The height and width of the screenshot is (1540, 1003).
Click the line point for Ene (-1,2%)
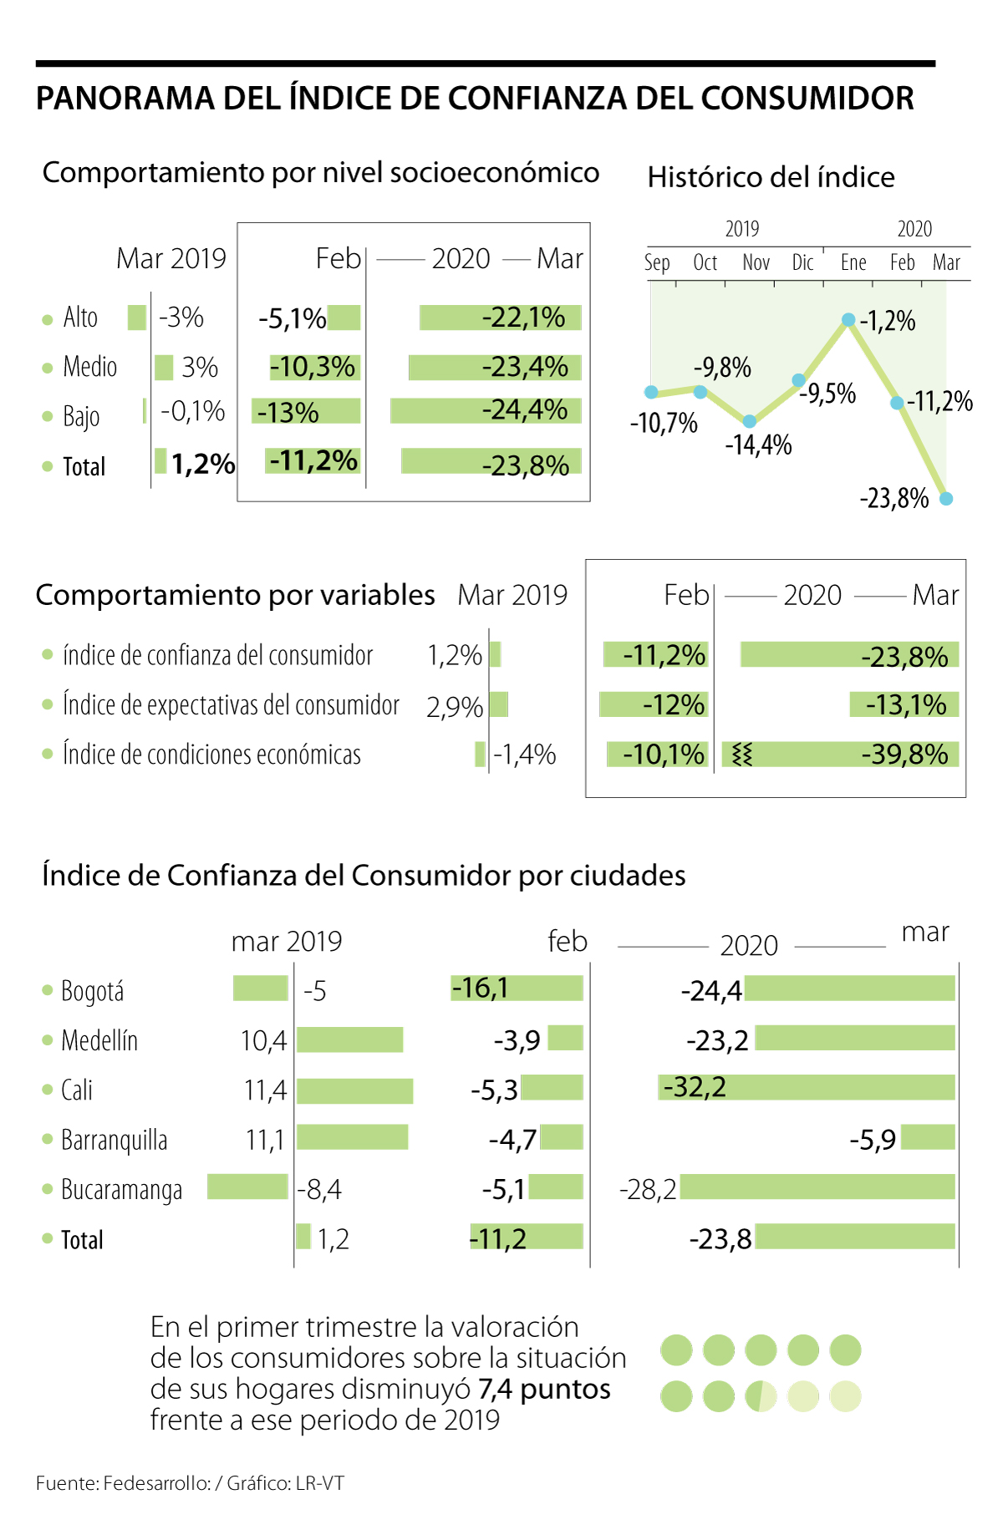(x=848, y=319)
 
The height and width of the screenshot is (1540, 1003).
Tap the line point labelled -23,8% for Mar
(x=946, y=499)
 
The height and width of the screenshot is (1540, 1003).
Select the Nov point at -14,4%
(x=750, y=422)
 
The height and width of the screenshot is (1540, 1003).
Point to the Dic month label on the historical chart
(x=802, y=263)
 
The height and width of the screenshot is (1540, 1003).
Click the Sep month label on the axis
(x=657, y=263)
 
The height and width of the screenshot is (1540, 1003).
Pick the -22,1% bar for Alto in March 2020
(x=500, y=318)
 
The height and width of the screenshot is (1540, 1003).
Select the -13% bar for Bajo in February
(x=306, y=411)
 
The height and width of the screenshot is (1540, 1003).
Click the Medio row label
(x=89, y=367)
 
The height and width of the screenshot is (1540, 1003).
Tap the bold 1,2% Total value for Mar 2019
(x=202, y=464)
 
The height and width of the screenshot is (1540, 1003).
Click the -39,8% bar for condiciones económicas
(x=840, y=755)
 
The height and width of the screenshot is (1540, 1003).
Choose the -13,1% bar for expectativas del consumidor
(x=904, y=704)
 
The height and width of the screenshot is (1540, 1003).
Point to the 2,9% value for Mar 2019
(x=454, y=707)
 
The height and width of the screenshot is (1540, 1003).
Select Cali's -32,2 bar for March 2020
(x=806, y=1087)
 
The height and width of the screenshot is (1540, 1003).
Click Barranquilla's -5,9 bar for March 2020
(x=928, y=1137)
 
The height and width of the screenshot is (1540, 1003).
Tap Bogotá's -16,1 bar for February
(x=517, y=988)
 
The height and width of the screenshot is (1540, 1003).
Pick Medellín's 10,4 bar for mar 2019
(x=349, y=1039)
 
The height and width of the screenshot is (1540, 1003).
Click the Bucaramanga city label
(x=121, y=1189)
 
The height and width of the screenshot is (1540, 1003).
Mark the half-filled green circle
(x=761, y=1396)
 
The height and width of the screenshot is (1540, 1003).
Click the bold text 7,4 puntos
(x=544, y=1389)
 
